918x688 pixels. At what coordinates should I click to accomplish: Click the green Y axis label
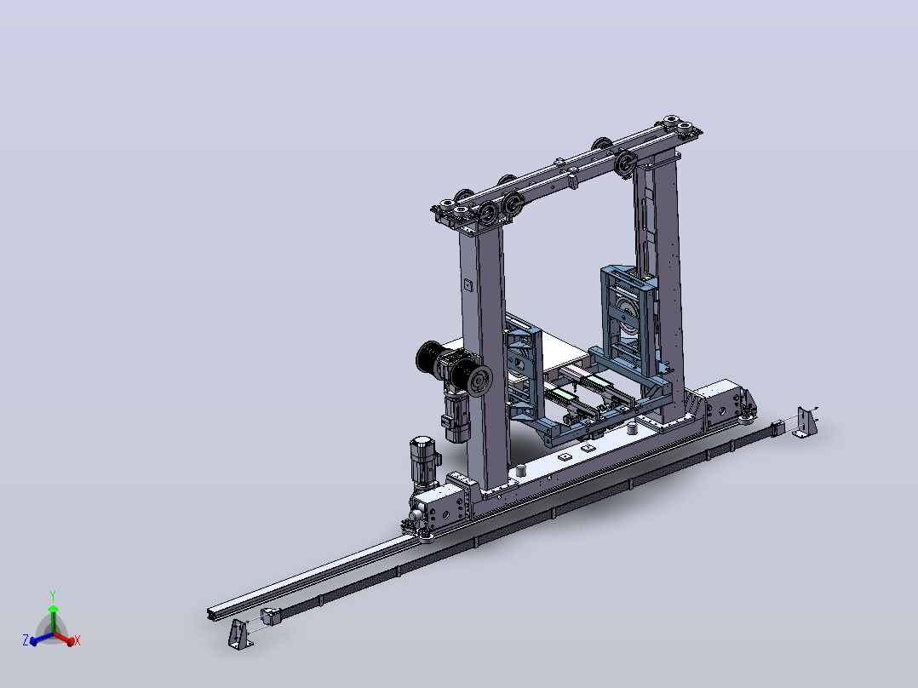click(53, 596)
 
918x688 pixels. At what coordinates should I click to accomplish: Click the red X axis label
click(77, 640)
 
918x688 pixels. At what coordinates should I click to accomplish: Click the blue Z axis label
click(26, 639)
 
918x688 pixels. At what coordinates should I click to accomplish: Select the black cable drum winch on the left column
click(455, 367)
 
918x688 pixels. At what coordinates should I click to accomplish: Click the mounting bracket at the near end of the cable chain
click(240, 634)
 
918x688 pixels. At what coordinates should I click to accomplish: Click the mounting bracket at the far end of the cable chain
click(806, 421)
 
